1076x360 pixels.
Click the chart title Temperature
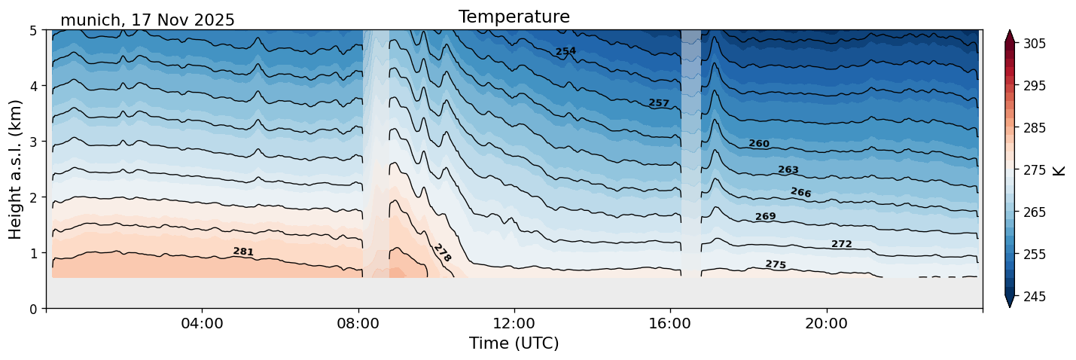click(514, 17)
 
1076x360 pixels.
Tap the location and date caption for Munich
click(148, 20)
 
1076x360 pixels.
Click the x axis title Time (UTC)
click(514, 343)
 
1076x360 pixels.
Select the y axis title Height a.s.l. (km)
click(16, 169)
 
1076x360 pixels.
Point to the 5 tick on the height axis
click(34, 31)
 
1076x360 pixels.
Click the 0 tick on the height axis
click(34, 309)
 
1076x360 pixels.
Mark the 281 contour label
click(243, 252)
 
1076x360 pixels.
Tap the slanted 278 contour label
click(442, 253)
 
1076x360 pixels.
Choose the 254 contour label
click(565, 51)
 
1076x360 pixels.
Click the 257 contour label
click(659, 103)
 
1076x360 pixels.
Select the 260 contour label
click(759, 144)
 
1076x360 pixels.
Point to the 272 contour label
click(841, 244)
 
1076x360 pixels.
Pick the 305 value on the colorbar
click(1033, 44)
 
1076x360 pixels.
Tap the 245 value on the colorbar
click(1033, 297)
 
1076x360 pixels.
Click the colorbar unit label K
click(1059, 170)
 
